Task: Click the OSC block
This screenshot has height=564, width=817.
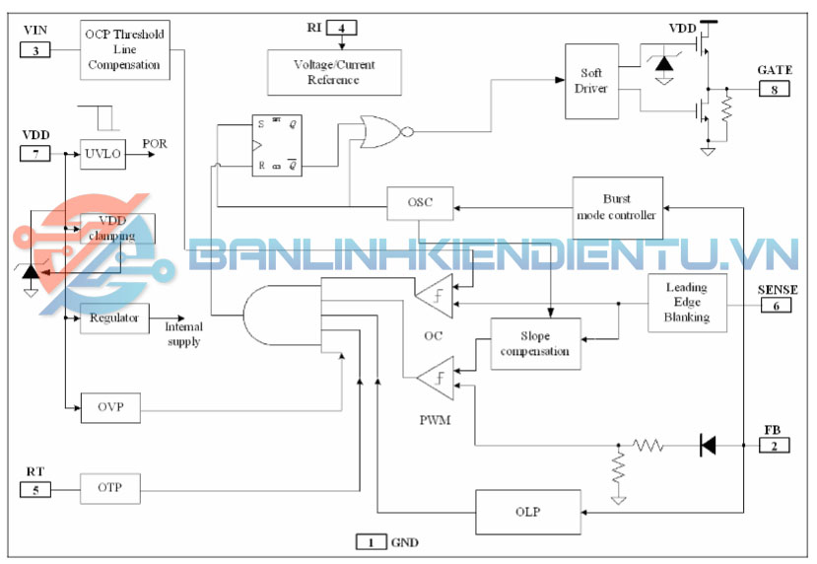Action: pyautogui.click(x=420, y=204)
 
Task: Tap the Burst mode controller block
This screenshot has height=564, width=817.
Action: pyautogui.click(x=617, y=207)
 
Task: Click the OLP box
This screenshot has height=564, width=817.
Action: pyautogui.click(x=526, y=513)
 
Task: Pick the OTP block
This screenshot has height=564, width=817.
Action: pyautogui.click(x=109, y=487)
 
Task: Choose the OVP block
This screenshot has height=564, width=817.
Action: pyautogui.click(x=109, y=407)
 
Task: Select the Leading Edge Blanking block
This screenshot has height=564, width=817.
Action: pyautogui.click(x=687, y=303)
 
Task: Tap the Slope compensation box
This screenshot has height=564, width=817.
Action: pyautogui.click(x=535, y=344)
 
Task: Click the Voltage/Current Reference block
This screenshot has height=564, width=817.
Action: pyautogui.click(x=334, y=72)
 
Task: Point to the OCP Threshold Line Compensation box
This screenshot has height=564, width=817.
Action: pyautogui.click(x=124, y=50)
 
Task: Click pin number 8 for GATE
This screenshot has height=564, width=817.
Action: pyautogui.click(x=775, y=89)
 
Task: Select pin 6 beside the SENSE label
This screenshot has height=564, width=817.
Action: pyautogui.click(x=775, y=306)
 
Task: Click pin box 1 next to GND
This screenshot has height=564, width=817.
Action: pyautogui.click(x=371, y=541)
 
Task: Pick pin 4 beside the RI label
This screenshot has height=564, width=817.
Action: pyautogui.click(x=341, y=28)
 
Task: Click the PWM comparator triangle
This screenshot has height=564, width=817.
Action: pyautogui.click(x=435, y=379)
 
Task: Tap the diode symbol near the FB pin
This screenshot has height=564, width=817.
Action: pyautogui.click(x=707, y=446)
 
